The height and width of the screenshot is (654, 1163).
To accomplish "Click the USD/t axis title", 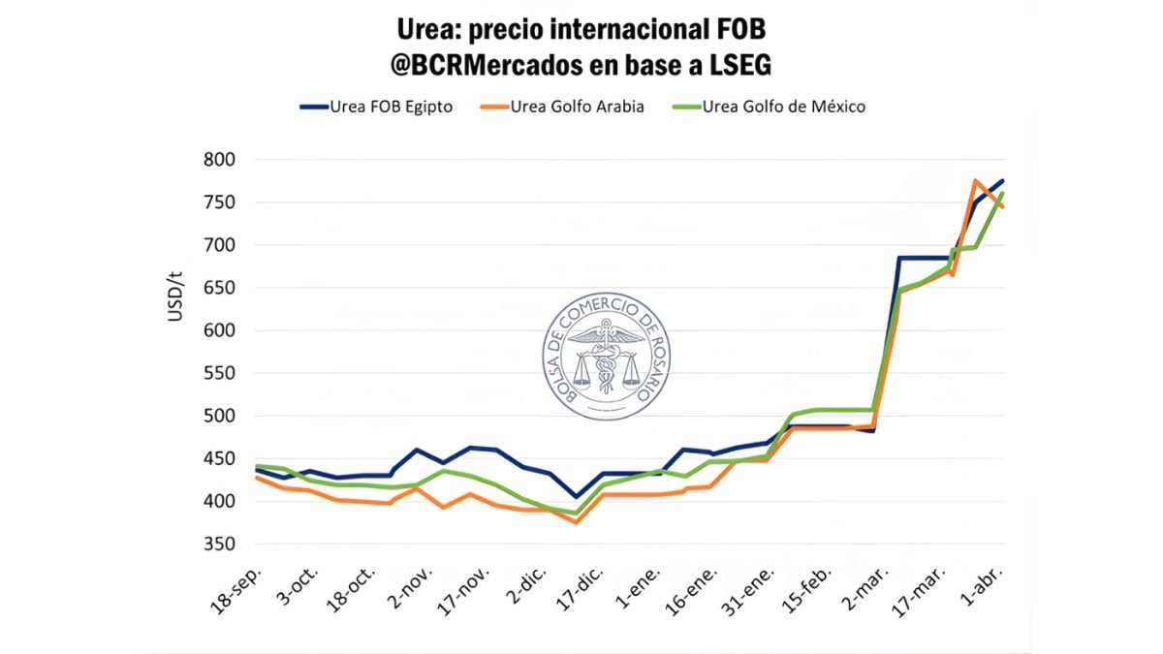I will pyautogui.click(x=177, y=289).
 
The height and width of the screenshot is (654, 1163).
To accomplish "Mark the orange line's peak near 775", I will pyautogui.click(x=974, y=180).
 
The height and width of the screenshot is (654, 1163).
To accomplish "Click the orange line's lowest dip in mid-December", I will pyautogui.click(x=578, y=522).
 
